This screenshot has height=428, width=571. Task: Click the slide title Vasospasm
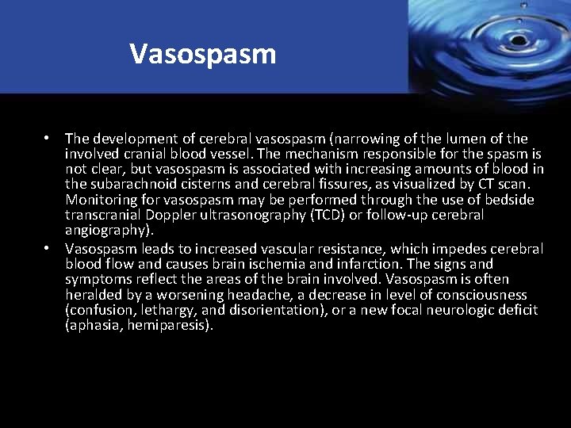pyautogui.click(x=203, y=54)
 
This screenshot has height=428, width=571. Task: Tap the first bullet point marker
pyautogui.click(x=48, y=139)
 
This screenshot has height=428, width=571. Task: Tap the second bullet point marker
pyautogui.click(x=48, y=249)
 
